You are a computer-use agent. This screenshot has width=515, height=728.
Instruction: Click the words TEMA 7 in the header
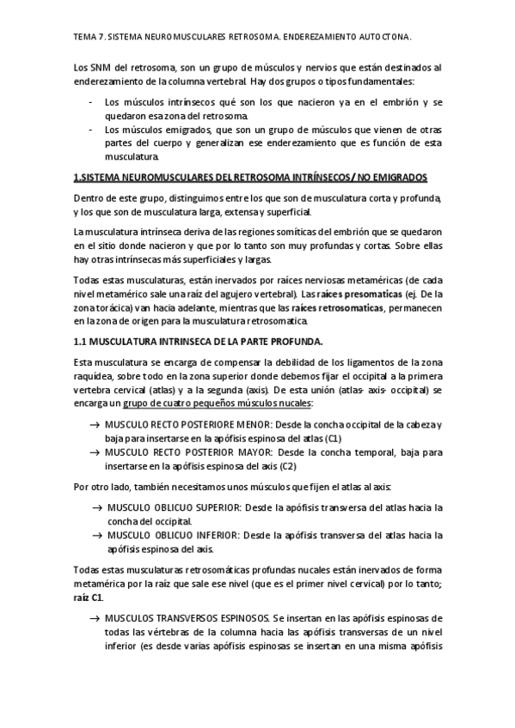click(x=88, y=38)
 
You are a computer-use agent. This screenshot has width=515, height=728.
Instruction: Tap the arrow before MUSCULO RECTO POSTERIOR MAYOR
click(x=94, y=452)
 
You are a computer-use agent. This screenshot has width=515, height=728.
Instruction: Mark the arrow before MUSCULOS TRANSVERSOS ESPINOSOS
click(x=94, y=618)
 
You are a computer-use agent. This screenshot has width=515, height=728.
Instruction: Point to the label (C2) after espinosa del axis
click(x=287, y=465)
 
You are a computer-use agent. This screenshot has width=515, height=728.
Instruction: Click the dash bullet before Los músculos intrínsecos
click(x=92, y=102)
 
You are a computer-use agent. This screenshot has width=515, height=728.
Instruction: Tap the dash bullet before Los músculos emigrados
click(x=92, y=130)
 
